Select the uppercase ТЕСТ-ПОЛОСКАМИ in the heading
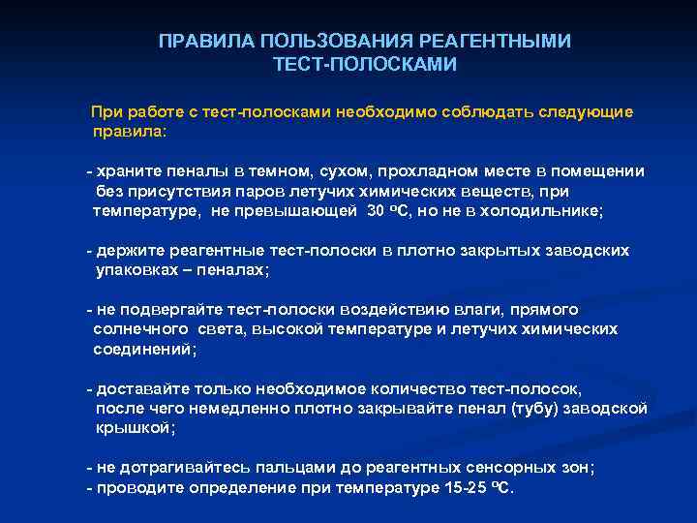[365, 64]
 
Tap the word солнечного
[142, 329]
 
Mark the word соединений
[142, 349]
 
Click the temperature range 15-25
[470, 487]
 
